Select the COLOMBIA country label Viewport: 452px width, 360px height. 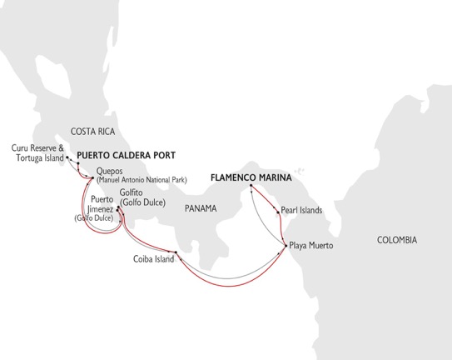(x=396, y=240)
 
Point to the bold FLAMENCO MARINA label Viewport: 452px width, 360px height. (x=247, y=177)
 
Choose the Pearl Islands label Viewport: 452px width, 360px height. (x=301, y=211)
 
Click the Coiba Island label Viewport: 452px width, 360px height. (x=155, y=259)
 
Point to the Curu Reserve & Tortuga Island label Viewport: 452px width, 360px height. (x=37, y=154)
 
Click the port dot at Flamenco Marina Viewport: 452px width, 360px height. (x=251, y=196)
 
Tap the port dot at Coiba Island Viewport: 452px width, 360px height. (x=176, y=252)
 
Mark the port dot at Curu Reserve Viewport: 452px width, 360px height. (x=67, y=156)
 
